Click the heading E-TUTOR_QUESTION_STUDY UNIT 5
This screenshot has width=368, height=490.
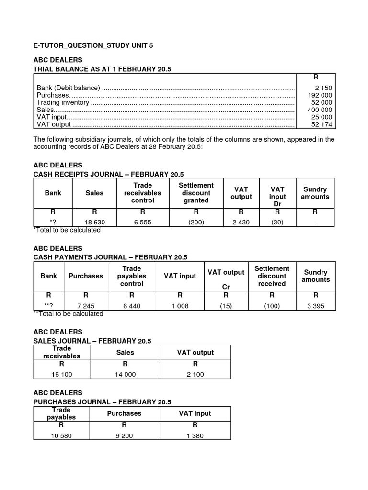pos(93,45)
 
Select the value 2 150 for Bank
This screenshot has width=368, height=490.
pos(323,88)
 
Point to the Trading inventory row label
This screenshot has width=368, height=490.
pos(63,102)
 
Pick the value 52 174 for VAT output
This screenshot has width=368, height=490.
pos(322,124)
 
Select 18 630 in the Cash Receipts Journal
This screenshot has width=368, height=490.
pos(94,223)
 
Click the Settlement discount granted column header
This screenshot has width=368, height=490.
pos(196,193)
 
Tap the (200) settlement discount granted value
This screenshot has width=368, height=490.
pos(196,223)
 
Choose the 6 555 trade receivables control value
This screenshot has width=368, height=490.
pos(143,223)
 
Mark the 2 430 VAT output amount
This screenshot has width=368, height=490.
pos(241,223)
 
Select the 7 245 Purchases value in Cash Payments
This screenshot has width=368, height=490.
pos(86,306)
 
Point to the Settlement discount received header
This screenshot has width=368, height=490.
pos(272,276)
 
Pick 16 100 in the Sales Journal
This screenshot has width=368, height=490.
pos(61,375)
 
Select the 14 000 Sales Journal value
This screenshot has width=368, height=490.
pos(125,375)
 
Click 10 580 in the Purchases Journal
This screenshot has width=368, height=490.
pos(61,436)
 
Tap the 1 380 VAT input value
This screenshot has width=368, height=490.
pos(195,436)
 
